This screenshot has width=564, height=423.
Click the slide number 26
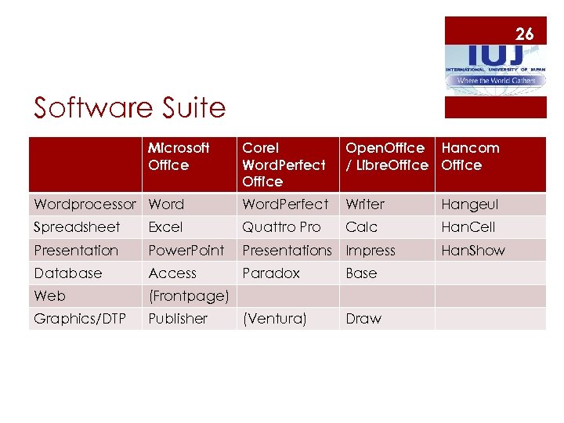point(524,34)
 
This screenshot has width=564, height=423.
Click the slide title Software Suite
point(129,107)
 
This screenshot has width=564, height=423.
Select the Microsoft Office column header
point(179,157)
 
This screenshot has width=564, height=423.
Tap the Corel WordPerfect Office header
point(284,164)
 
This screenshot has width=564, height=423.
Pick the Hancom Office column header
point(470,157)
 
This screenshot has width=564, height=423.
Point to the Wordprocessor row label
point(85,204)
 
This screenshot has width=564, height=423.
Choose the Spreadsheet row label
point(77,227)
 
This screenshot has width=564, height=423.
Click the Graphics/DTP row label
point(80,319)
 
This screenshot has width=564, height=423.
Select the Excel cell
point(165,227)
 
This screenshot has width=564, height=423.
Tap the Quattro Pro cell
point(281,227)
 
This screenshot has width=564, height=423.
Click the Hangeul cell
point(470,204)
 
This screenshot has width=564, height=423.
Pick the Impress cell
point(371,251)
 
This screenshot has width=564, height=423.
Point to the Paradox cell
point(271,273)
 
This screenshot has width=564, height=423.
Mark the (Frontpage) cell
point(188,296)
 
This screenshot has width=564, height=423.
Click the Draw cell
point(363,319)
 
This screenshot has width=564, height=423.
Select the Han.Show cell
point(473,251)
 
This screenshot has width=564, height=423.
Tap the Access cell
point(172,273)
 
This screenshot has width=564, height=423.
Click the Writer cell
point(365,204)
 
